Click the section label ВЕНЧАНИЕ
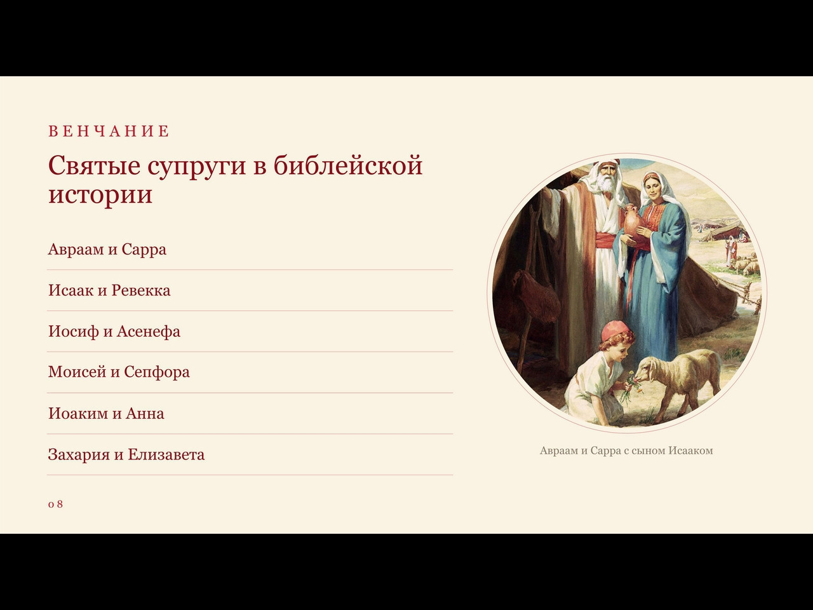click(x=109, y=132)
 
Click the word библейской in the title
click(x=348, y=165)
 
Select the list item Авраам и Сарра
click(x=107, y=249)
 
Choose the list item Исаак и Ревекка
click(x=109, y=290)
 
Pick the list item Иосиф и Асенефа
click(x=114, y=332)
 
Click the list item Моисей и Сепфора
click(x=119, y=372)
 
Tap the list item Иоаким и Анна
click(x=106, y=413)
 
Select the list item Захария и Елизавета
click(x=126, y=454)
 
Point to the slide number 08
click(x=55, y=504)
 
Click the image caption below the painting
click(x=626, y=451)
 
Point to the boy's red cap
click(x=616, y=330)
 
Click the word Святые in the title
click(x=94, y=165)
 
